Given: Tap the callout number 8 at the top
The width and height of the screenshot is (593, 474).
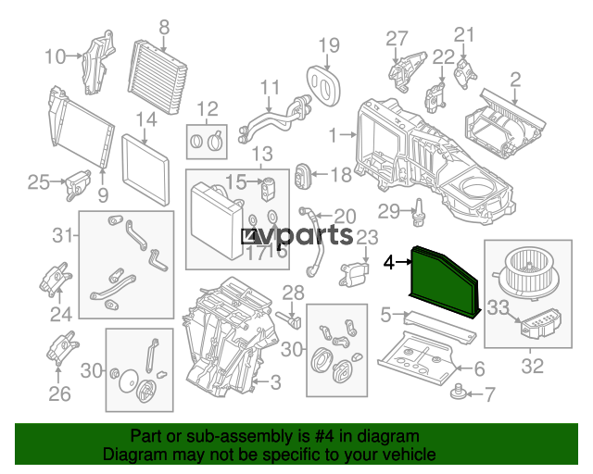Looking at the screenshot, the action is (164, 27).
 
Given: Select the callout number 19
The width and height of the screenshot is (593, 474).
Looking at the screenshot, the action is (329, 45).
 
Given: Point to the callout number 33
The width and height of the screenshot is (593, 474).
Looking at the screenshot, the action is (498, 307).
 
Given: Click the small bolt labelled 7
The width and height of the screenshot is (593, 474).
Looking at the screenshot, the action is (457, 392).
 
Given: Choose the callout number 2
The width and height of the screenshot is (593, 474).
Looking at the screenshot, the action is (515, 80).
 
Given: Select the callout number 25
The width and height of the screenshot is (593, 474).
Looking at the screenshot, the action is (39, 182).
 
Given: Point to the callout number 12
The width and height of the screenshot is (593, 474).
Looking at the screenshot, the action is (208, 109).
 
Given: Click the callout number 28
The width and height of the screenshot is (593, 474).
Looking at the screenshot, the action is (293, 293).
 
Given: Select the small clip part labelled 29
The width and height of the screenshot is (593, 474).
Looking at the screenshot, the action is (419, 212).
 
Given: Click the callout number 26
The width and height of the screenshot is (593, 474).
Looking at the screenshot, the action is (59, 393).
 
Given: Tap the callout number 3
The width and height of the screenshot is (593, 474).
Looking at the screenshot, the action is (276, 382).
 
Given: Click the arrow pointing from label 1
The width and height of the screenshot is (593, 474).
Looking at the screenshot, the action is (348, 134).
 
